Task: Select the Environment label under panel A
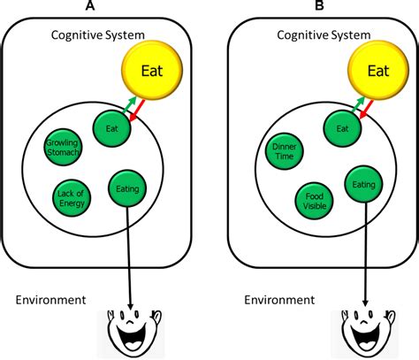coord(50,299)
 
